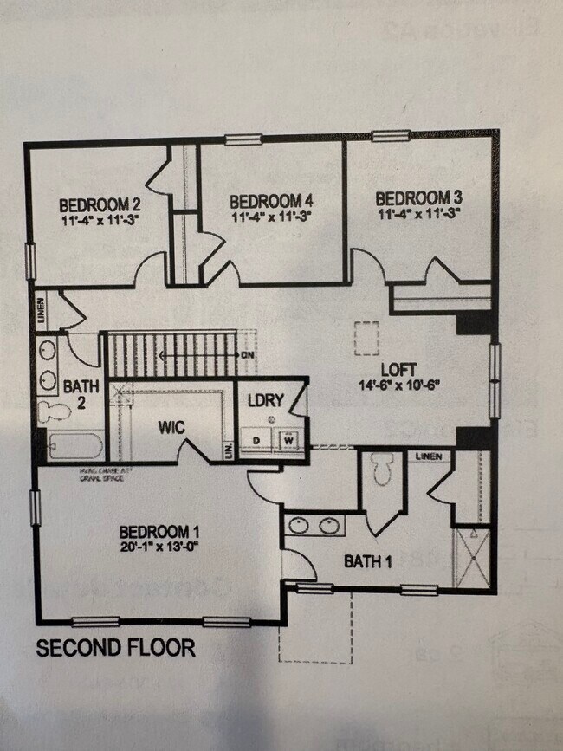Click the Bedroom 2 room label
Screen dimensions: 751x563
pyautogui.click(x=100, y=205)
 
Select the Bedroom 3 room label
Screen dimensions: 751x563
pyautogui.click(x=414, y=197)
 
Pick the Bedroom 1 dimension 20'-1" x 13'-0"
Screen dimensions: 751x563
pyautogui.click(x=160, y=547)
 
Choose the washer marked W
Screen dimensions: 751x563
pyautogui.click(x=288, y=440)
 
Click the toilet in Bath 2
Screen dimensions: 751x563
pyautogui.click(x=51, y=411)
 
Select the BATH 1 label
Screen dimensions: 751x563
pyautogui.click(x=368, y=561)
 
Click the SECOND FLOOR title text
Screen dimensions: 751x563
pyautogui.click(x=115, y=648)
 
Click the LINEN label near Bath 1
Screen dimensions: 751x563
pyautogui.click(x=428, y=456)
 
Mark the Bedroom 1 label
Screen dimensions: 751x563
pyautogui.click(x=160, y=531)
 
